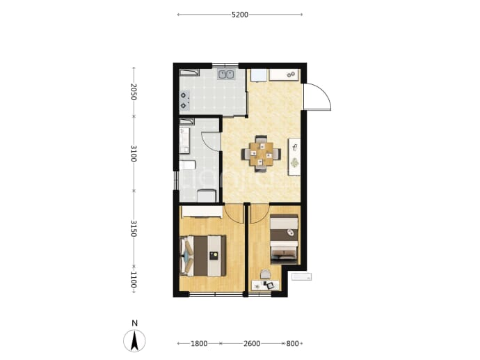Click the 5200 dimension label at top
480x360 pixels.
click(x=240, y=15)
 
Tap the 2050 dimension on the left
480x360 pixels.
click(x=133, y=91)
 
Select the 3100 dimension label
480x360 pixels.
click(x=133, y=153)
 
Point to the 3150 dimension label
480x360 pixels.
click(x=133, y=228)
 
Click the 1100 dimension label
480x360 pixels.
click(x=133, y=279)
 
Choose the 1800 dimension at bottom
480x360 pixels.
click(x=199, y=343)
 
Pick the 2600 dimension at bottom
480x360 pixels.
click(x=252, y=343)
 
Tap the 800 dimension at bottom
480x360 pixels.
click(x=292, y=343)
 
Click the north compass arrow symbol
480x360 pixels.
click(x=134, y=341)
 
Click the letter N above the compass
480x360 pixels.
click(x=134, y=323)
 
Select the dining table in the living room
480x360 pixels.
click(x=261, y=154)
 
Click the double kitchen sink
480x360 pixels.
click(x=225, y=75)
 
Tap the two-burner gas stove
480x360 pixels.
click(x=184, y=100)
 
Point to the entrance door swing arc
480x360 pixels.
click(x=324, y=92)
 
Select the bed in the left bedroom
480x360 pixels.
click(x=203, y=256)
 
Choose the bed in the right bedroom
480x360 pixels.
click(x=284, y=239)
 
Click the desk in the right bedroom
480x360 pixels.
click(x=265, y=285)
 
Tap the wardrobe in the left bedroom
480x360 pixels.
click(x=202, y=212)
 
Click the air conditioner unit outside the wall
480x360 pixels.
click(x=301, y=276)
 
